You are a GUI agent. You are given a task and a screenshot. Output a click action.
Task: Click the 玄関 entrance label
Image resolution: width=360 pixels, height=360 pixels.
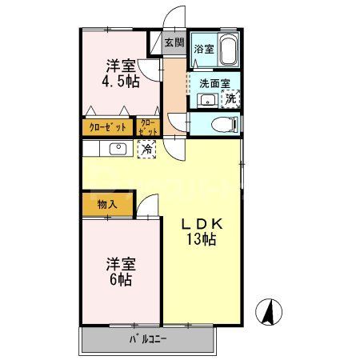pyautogui.click(x=174, y=43)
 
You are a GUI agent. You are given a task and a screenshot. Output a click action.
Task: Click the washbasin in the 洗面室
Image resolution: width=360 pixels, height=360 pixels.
pyautogui.click(x=206, y=100)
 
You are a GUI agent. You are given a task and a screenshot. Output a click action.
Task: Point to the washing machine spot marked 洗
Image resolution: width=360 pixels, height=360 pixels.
pyautogui.click(x=230, y=99)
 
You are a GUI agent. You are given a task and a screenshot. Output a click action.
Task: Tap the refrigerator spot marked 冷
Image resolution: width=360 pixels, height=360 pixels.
pyautogui.click(x=147, y=148)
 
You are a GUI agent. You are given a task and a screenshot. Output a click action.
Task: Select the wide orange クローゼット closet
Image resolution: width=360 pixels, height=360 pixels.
pyautogui.click(x=108, y=126)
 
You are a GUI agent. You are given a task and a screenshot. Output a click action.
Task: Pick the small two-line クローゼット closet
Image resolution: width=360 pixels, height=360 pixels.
pyautogui.click(x=149, y=126)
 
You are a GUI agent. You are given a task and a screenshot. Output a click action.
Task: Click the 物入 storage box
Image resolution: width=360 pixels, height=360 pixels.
pyautogui.click(x=107, y=204)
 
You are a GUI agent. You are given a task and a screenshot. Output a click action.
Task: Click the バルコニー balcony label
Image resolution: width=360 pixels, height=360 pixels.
pyautogui.click(x=148, y=340)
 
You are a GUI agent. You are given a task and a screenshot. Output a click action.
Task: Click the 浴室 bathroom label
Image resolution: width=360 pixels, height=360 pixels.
pyautogui.click(x=204, y=49)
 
